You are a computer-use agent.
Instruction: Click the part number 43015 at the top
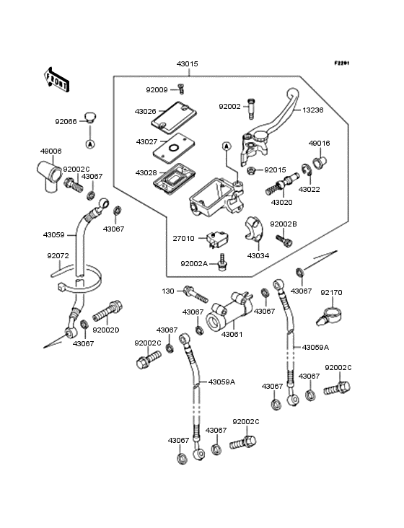[187, 64]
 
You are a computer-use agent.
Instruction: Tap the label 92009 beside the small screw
[157, 90]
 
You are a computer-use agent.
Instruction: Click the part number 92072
[58, 255]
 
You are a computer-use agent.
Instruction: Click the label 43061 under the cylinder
[232, 334]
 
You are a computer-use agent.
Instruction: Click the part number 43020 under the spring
[281, 203]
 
